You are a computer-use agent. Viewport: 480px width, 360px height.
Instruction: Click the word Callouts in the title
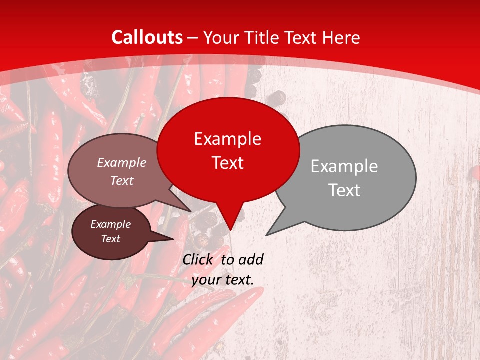click(x=147, y=37)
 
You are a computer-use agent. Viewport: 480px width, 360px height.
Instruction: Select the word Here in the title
click(x=341, y=38)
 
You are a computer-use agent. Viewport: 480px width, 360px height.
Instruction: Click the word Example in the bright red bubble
click(x=227, y=139)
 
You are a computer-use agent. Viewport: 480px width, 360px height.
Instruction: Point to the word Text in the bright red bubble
click(x=227, y=163)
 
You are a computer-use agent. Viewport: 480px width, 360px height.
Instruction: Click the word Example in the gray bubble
click(x=344, y=166)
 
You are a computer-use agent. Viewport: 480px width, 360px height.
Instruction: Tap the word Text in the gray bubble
click(x=344, y=190)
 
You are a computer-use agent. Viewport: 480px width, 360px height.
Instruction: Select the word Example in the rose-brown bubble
click(x=122, y=163)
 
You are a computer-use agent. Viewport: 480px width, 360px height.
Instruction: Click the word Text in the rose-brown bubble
click(x=122, y=180)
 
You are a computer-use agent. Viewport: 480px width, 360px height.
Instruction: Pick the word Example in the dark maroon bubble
click(x=110, y=224)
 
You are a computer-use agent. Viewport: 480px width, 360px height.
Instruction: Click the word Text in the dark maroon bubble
click(x=110, y=239)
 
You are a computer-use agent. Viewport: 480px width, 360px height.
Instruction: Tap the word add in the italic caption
click(x=251, y=259)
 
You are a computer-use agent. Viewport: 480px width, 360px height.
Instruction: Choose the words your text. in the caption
click(x=222, y=280)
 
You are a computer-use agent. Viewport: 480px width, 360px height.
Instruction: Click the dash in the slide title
click(x=193, y=38)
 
